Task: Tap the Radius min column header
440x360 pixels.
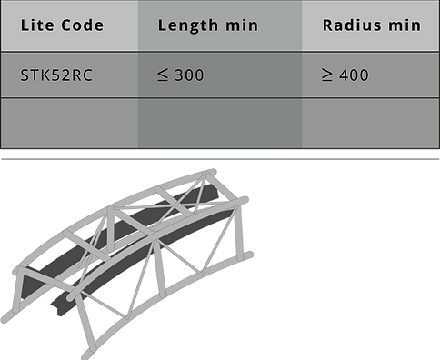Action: click(371, 25)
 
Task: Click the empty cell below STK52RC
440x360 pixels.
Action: click(69, 122)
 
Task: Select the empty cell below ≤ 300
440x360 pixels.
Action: click(219, 122)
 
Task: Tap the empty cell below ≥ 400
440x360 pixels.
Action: click(371, 122)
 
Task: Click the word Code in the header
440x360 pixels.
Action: click(80, 25)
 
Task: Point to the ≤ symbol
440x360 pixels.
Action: click(163, 75)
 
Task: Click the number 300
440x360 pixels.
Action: click(189, 75)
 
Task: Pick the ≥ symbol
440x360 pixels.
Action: click(327, 75)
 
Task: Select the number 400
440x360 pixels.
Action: click(354, 75)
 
